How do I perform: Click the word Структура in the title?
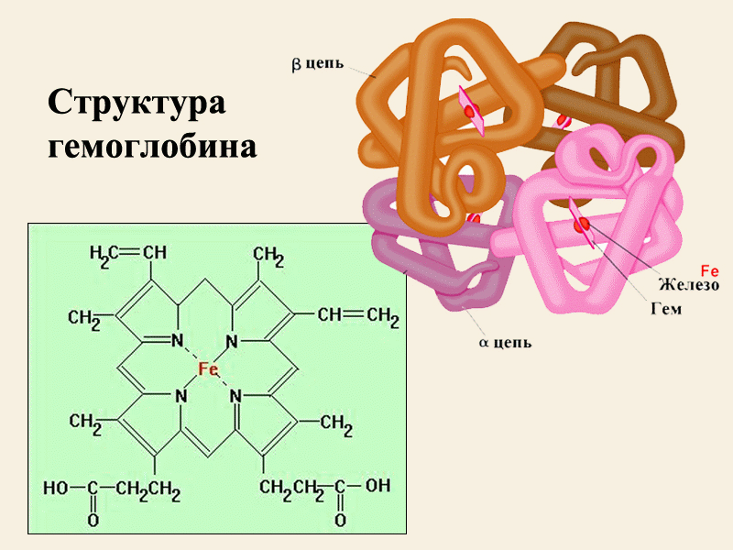(137, 103)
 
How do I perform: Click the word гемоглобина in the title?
(152, 147)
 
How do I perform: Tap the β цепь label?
(317, 64)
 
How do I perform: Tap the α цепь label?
(506, 343)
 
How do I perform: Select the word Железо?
(689, 284)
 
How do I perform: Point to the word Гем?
(667, 309)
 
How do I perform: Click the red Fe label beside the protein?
(709, 270)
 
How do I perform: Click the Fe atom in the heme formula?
(209, 369)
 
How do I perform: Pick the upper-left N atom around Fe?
(177, 340)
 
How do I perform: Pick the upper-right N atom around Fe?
(232, 341)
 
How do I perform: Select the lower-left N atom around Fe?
(181, 397)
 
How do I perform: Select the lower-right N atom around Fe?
(236, 397)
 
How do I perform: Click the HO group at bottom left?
(56, 489)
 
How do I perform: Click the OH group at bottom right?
(377, 486)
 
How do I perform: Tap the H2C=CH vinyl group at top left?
(128, 254)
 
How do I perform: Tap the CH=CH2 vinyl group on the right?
(358, 316)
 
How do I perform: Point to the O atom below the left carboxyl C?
(93, 520)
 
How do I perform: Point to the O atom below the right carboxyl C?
(340, 520)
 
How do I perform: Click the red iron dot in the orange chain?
(471, 111)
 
